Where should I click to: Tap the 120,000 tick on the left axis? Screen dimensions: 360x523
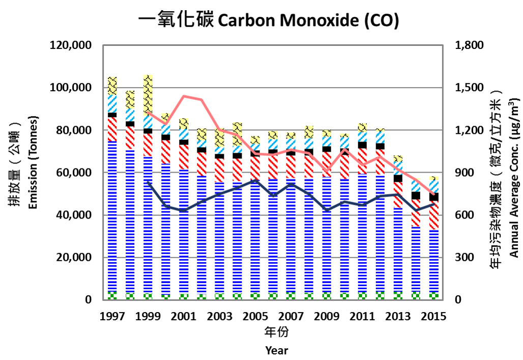pos(71,46)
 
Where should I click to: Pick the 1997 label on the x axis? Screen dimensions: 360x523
pos(112,316)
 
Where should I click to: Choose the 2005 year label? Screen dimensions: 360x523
pos(255,316)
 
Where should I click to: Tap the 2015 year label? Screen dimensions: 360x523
pos(433,316)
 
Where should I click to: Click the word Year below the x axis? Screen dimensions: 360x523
pos(276,350)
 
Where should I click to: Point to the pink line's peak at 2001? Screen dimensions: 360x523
pos(184,96)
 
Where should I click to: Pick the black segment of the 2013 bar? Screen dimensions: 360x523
pos(398,178)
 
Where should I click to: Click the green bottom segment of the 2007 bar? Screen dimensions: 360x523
pos(291,295)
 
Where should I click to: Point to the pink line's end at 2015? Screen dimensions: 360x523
pos(433,196)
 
